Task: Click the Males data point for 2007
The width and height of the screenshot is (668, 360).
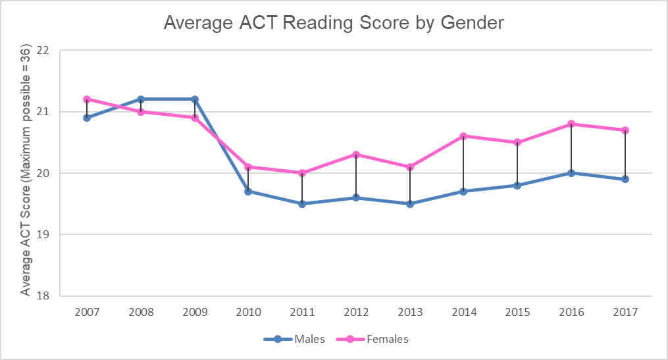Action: [x=87, y=118]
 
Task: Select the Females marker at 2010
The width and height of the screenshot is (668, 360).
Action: [x=248, y=167]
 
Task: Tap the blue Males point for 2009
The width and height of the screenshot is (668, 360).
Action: [x=195, y=99]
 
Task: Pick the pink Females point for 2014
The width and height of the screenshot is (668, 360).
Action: [x=463, y=136]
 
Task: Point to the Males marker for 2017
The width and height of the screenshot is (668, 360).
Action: [x=625, y=179]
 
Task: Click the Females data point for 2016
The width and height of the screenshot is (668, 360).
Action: [x=571, y=124]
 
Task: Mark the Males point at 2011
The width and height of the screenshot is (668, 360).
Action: [x=302, y=204]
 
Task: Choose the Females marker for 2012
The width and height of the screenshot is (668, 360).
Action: [x=356, y=155]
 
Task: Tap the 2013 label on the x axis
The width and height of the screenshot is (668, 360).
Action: [x=409, y=313]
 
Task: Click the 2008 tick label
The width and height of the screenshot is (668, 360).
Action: [x=140, y=313]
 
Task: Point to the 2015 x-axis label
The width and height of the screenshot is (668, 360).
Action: [x=517, y=313]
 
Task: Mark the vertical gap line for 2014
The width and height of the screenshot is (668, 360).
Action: [x=464, y=165]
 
